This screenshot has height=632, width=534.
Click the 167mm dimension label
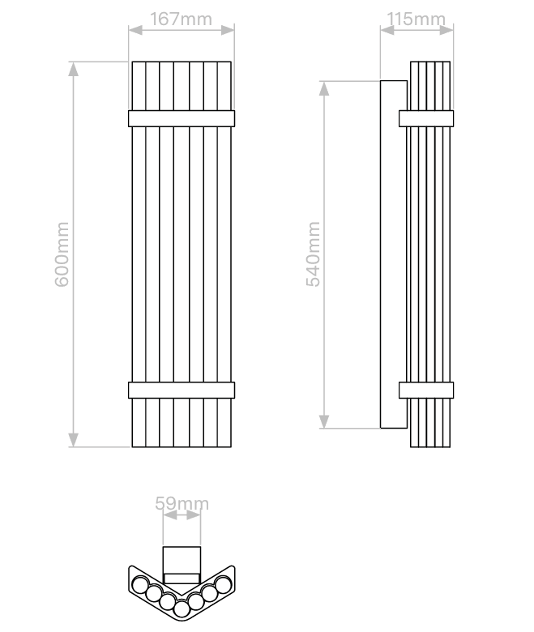click(181, 19)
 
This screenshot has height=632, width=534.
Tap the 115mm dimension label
click(416, 19)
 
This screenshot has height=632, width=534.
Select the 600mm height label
click(62, 254)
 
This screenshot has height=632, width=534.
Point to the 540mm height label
click(313, 254)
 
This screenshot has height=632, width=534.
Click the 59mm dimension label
click(182, 503)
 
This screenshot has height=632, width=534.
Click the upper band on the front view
click(182, 118)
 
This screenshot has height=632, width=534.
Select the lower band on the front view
click(182, 391)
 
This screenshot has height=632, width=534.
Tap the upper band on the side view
click(426, 118)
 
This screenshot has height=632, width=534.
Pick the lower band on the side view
click(426, 391)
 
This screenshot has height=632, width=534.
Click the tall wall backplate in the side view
click(394, 254)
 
